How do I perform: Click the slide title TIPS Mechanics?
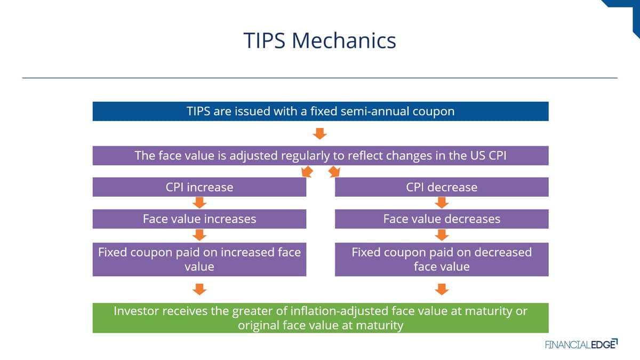319,41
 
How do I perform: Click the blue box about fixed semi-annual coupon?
321,111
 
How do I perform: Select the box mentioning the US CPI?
321,156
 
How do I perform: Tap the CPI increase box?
199,187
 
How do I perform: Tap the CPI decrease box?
442,187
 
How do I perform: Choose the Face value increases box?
199,219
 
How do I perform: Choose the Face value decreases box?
442,219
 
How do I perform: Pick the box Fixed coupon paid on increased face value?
199,259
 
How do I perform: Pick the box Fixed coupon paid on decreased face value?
442,259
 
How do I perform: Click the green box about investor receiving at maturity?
321,318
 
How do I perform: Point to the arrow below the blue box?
320,133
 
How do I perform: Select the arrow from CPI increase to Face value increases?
199,203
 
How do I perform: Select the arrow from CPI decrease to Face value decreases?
442,203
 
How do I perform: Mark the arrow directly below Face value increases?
199,235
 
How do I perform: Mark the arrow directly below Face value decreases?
442,235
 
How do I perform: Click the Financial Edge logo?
581,345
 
